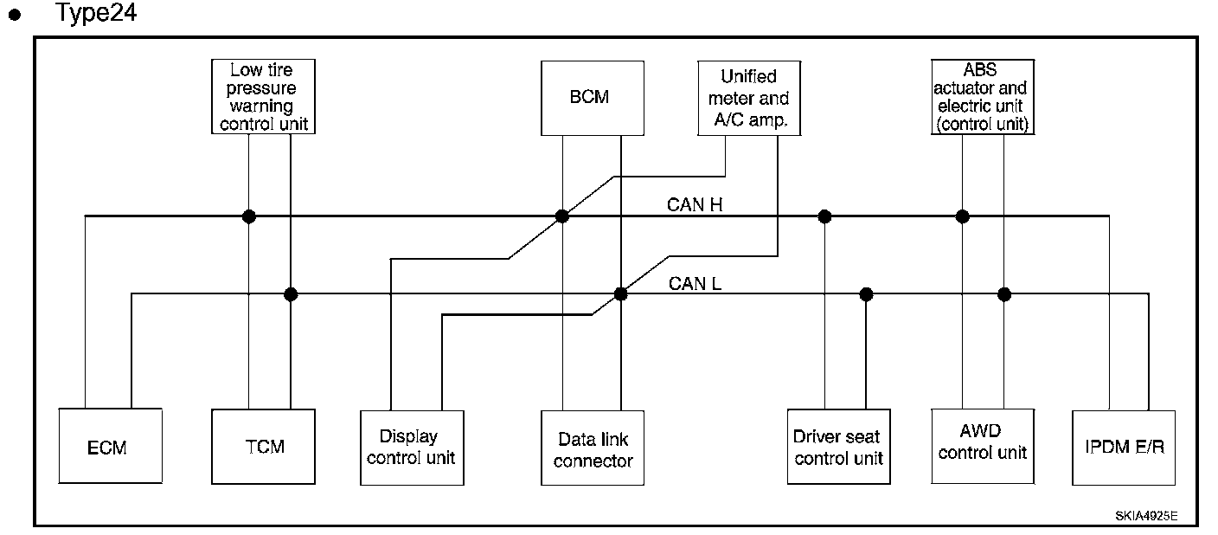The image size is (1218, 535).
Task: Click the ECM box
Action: point(110,447)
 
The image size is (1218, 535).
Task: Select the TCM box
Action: point(263,447)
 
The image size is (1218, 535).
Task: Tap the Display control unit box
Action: point(411,447)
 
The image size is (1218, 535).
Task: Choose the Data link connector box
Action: point(593,448)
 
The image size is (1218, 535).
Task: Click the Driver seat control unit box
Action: point(838,447)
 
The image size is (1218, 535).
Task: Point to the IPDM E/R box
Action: point(1123,448)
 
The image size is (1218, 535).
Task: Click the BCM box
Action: point(592,98)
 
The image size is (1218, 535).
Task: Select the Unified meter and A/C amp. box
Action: point(748,98)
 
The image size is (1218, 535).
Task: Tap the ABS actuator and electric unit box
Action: point(982,96)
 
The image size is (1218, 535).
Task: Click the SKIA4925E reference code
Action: point(1145,515)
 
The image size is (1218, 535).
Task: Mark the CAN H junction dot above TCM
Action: point(248,216)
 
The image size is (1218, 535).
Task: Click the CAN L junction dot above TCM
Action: point(291,294)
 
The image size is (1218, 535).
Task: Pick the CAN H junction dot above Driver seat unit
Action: point(824,216)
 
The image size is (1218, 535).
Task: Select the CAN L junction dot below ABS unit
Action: point(1004,294)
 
